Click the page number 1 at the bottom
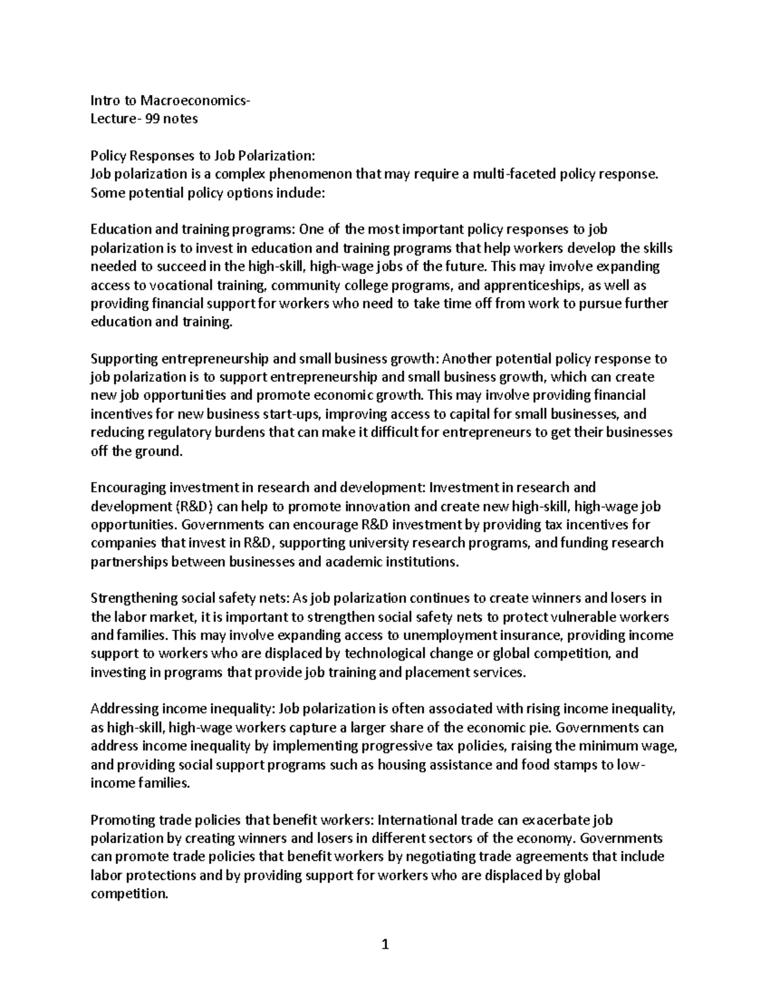pyautogui.click(x=385, y=944)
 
